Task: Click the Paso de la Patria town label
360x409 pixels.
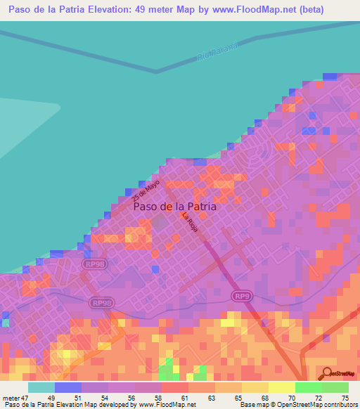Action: tap(175, 207)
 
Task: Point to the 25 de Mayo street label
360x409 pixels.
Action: tap(146, 188)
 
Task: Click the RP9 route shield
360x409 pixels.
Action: tap(242, 297)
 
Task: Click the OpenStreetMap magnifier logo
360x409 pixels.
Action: tap(326, 372)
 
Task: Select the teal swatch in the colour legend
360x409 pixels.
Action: tap(41, 387)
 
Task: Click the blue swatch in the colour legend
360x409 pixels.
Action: tap(67, 387)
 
